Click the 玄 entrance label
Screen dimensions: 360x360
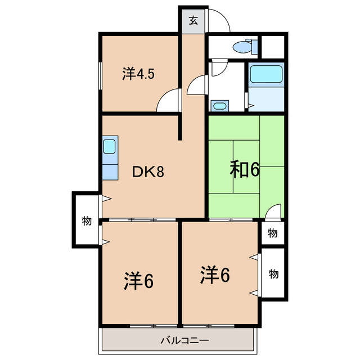point(193,21)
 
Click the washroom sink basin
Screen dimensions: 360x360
point(219,105)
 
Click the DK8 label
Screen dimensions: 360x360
point(148,171)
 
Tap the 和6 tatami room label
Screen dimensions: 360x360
point(244,169)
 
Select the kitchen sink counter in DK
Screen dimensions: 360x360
point(109,157)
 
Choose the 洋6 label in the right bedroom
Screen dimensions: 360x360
point(215,276)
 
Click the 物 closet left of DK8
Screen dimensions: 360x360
point(86,220)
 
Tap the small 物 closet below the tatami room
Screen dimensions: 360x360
point(272,232)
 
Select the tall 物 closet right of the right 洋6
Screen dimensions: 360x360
point(273,274)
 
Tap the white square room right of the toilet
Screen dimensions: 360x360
point(274,46)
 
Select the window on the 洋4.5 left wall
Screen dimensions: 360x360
point(101,73)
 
